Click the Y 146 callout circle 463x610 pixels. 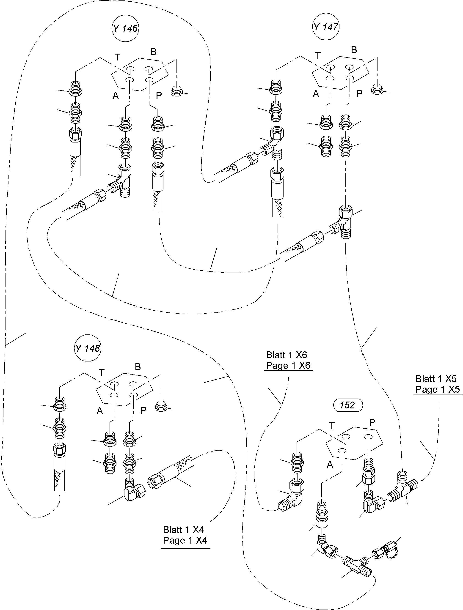(125, 28)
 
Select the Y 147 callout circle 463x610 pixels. (326, 27)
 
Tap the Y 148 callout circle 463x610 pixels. (88, 348)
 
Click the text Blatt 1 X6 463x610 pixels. (287, 355)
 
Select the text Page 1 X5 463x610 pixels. (438, 389)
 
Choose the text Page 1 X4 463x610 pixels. (185, 540)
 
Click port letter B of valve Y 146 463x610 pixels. (153, 52)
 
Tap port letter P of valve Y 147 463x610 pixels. (359, 94)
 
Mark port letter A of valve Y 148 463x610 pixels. (100, 411)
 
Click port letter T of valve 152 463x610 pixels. (332, 426)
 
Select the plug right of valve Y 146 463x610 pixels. (177, 91)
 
